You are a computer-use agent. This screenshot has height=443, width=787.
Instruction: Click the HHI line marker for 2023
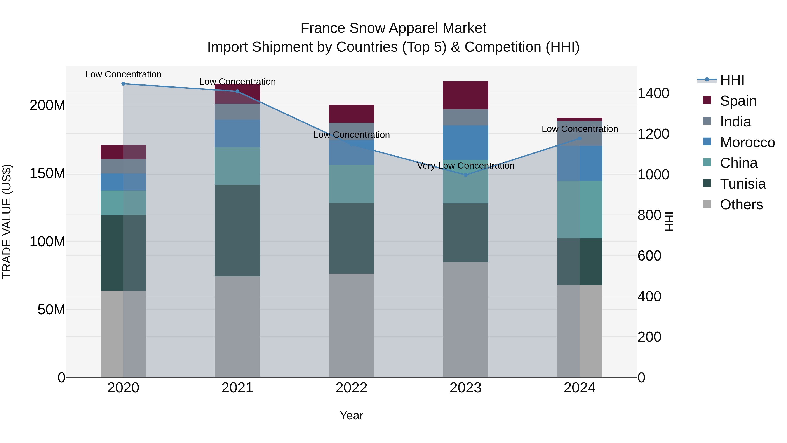466,175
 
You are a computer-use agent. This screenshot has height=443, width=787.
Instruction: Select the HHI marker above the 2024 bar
580,138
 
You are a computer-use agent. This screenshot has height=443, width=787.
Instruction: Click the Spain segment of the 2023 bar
466,95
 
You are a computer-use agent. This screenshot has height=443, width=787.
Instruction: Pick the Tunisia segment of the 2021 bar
237,231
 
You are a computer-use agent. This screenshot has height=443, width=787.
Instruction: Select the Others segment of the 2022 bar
351,325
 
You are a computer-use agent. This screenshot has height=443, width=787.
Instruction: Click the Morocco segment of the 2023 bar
466,142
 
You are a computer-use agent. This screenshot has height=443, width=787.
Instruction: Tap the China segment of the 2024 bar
580,209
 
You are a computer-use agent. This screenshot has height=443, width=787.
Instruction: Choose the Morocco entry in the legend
747,142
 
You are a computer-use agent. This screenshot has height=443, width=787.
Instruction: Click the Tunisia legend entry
742,184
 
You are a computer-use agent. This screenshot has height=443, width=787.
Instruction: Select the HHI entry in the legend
732,80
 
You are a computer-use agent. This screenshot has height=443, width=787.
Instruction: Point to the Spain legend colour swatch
707,100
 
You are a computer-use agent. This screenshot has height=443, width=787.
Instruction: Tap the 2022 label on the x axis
351,388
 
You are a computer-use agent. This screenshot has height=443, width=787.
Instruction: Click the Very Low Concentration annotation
466,165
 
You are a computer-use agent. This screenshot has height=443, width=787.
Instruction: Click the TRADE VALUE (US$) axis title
7,221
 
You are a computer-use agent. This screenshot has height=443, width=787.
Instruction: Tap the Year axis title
351,415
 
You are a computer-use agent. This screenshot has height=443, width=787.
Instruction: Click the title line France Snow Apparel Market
393,28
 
